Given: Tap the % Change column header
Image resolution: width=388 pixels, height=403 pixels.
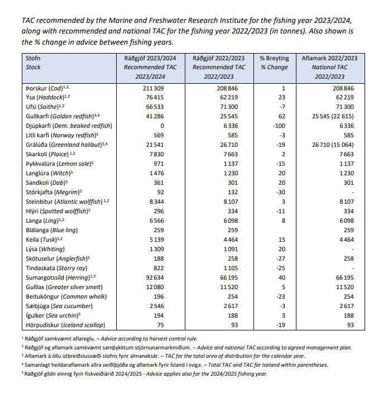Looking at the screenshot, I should (x=274, y=67).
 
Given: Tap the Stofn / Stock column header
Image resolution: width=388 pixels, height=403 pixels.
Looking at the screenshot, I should (x=33, y=63).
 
